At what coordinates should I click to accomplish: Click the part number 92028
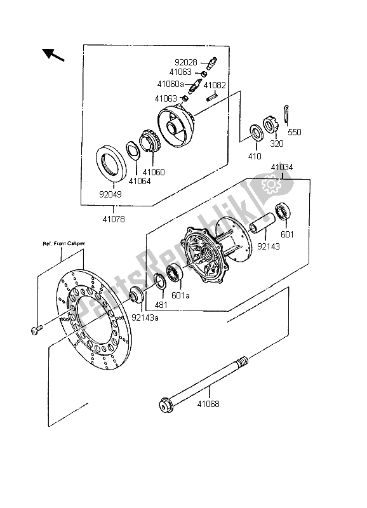[185, 62]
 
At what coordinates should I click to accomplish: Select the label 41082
[215, 85]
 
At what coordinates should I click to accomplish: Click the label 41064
[140, 181]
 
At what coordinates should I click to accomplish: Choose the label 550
[295, 133]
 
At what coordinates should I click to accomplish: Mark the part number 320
[276, 144]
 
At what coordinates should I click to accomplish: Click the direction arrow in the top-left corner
[55, 55]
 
